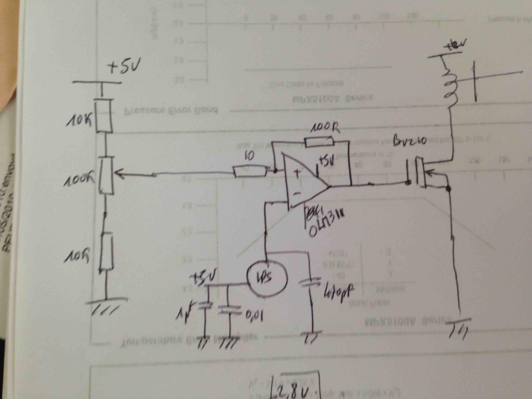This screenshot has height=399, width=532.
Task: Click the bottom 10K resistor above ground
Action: click(x=106, y=251)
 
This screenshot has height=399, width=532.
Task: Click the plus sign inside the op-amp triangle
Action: click(x=297, y=173)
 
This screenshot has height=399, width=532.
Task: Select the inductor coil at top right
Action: click(x=450, y=85)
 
